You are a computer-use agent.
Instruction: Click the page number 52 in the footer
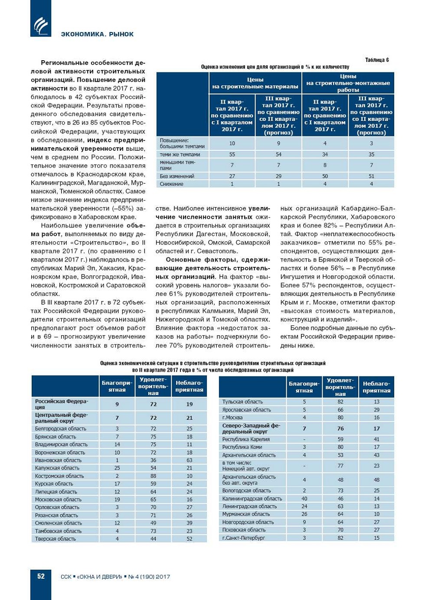click(41, 576)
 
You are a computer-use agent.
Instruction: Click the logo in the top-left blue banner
click(41, 25)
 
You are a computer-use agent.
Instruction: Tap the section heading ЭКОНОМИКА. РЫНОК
click(97, 34)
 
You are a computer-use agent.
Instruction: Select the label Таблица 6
click(377, 60)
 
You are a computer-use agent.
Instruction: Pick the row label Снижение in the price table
click(171, 184)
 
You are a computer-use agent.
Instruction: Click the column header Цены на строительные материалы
click(255, 83)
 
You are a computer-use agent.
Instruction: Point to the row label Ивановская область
click(58, 460)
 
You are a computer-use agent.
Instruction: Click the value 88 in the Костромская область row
click(154, 476)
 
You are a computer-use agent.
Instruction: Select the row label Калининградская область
click(252, 499)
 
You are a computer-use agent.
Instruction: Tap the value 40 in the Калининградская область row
click(304, 499)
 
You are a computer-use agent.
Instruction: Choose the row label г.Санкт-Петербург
click(244, 538)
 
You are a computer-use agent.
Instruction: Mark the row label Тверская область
click(56, 539)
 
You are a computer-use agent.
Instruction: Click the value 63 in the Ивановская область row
click(190, 460)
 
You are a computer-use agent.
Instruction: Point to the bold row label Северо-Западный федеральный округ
click(251, 428)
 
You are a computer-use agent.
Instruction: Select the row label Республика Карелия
click(246, 439)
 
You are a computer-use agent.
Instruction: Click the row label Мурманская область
click(246, 514)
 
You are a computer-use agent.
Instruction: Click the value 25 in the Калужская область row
click(117, 468)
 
